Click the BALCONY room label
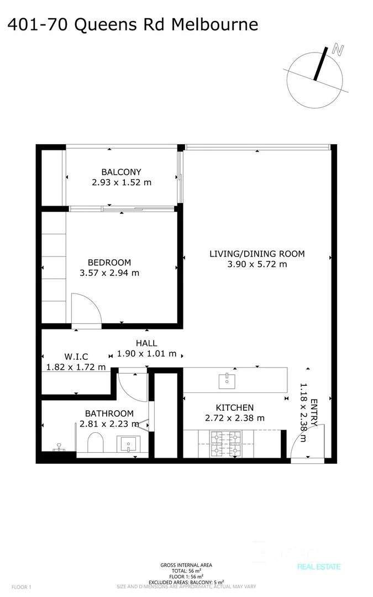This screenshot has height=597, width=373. (121, 172)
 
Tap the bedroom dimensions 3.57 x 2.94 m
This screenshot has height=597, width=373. (109, 273)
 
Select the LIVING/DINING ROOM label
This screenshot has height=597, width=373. (257, 254)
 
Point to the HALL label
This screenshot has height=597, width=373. (146, 343)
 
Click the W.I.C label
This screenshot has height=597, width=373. (76, 357)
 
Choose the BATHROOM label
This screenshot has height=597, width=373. (109, 413)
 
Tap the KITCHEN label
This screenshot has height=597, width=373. (235, 407)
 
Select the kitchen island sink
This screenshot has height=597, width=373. (226, 380)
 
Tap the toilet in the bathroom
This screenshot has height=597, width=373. (96, 443)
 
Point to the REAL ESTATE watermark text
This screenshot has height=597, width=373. (319, 567)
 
